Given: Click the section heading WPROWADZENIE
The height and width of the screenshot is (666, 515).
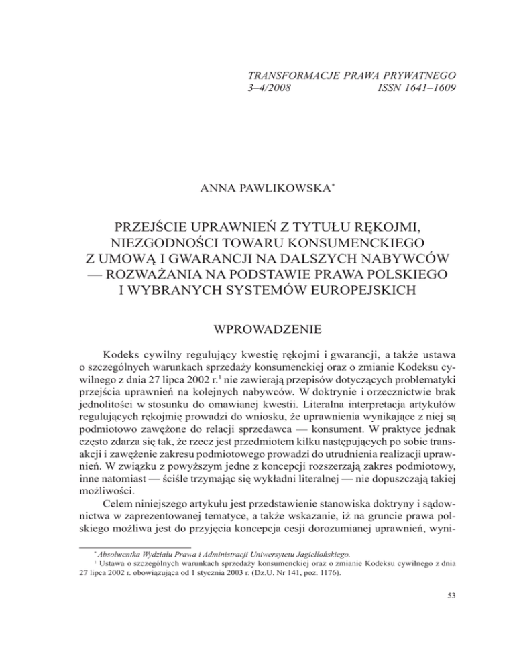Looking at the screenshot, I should [x=257, y=350].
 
